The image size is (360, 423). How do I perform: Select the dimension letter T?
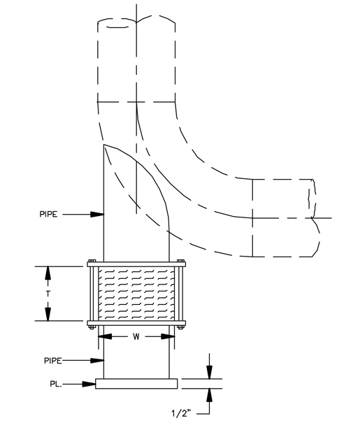click(48, 294)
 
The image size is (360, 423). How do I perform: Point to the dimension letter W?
click(136, 336)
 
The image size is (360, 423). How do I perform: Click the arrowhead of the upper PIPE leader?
click(97, 215)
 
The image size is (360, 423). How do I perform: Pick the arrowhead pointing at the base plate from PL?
click(90, 383)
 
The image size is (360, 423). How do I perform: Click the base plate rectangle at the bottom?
click(136, 384)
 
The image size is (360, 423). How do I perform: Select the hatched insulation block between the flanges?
click(136, 294)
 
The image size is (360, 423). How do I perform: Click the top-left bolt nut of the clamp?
click(90, 264)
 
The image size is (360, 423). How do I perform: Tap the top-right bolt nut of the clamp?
click(182, 264)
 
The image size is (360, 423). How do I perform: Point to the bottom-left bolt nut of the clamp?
click(90, 324)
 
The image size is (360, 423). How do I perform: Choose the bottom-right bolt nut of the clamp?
click(182, 324)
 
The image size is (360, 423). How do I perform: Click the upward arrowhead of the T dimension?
click(48, 271)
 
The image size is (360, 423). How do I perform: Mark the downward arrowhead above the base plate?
click(208, 374)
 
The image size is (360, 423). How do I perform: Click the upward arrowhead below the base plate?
click(208, 393)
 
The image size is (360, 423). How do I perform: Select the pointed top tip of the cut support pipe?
click(104, 145)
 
